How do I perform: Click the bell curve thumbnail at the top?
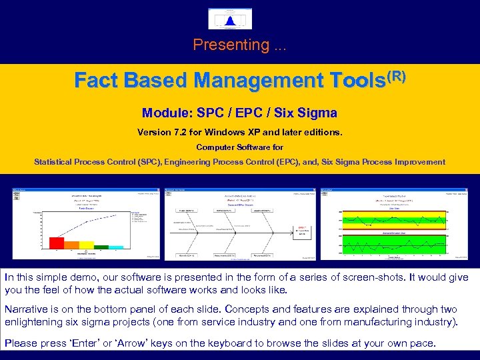pyautogui.click(x=229, y=19)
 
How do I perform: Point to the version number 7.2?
pyautogui.click(x=183, y=132)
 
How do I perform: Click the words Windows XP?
pyautogui.click(x=241, y=132)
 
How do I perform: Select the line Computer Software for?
pyautogui.click(x=239, y=147)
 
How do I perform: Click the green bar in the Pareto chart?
pyautogui.click(x=101, y=247)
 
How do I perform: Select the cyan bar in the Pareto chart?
pyautogui.click(x=116, y=247)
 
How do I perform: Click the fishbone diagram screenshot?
pyautogui.click(x=239, y=224)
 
